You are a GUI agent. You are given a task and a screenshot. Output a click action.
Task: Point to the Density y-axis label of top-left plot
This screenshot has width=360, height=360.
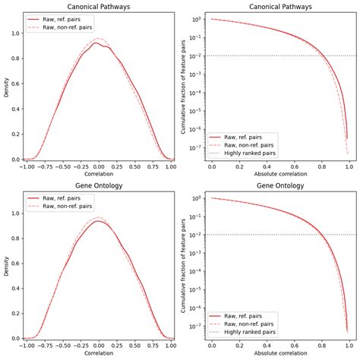click(x=6, y=86)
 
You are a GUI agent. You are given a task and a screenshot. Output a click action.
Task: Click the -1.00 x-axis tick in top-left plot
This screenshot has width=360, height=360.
click(x=25, y=166)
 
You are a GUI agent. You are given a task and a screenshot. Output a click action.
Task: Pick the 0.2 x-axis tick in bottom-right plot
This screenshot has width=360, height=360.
click(x=241, y=346)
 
